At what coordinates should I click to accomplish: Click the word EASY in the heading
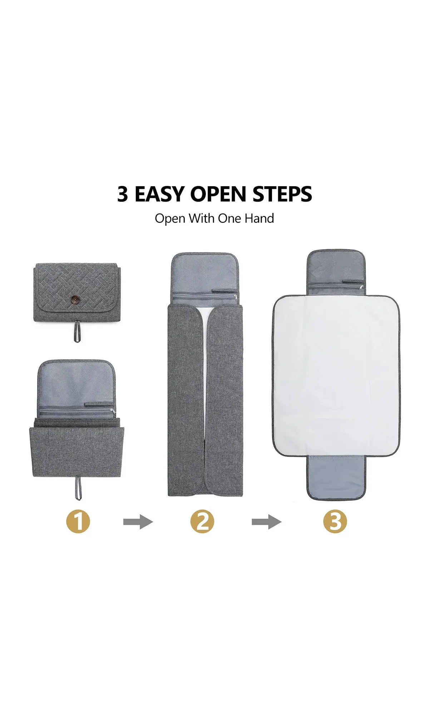(x=160, y=194)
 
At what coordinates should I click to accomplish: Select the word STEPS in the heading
(x=282, y=194)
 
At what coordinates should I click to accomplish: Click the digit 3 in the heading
(x=123, y=194)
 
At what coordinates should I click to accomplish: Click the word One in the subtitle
(x=230, y=218)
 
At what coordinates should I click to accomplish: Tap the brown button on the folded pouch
(x=76, y=299)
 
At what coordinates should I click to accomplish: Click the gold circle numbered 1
(x=78, y=522)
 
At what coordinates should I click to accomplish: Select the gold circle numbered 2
(x=202, y=522)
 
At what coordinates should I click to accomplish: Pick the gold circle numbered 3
(x=335, y=522)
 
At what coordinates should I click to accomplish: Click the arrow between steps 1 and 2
(x=138, y=522)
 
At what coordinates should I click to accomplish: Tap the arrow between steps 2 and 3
(x=267, y=522)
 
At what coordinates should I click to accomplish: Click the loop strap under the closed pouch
(x=77, y=331)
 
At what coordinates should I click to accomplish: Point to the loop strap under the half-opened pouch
(x=78, y=488)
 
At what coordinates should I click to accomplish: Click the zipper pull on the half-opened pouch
(x=113, y=412)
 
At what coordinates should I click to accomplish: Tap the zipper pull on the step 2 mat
(x=235, y=297)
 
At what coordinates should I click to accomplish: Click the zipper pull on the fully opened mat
(x=361, y=287)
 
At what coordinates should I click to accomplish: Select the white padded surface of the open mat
(x=336, y=375)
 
